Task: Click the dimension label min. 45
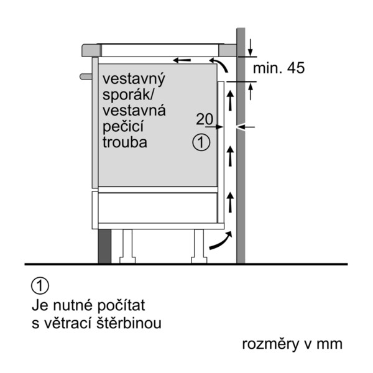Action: coord(279,68)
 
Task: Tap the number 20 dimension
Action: coord(205,119)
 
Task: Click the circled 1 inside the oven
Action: coord(201,142)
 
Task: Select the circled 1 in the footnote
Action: coord(40,286)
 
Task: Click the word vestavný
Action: coord(134,79)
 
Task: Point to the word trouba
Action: coord(125,142)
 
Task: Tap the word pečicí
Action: coord(123,127)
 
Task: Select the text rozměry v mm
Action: coord(292,344)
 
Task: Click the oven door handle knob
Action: coord(86,76)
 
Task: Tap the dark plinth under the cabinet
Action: coord(104,246)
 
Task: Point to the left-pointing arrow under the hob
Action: coord(182,60)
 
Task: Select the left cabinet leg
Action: coord(127,246)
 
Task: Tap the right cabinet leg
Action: coord(199,246)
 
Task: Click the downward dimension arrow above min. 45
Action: coord(250,48)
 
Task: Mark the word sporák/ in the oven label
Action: coord(129,95)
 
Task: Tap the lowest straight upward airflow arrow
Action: coord(230,202)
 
